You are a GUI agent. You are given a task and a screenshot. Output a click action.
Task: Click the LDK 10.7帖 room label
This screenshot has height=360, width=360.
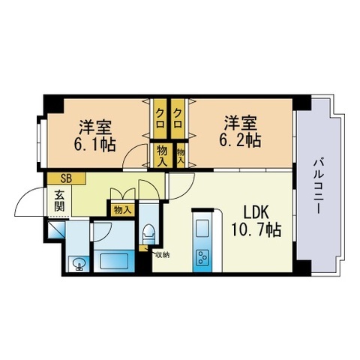click(x=256, y=221)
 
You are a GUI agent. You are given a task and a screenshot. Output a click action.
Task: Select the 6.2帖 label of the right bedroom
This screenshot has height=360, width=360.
click(x=241, y=140)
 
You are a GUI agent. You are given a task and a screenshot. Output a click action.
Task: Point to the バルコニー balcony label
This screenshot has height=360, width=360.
click(x=317, y=186)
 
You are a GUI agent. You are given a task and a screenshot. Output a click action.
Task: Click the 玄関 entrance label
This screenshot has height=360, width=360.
click(x=59, y=200)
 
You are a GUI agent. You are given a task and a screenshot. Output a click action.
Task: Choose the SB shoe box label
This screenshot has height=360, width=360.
click(x=66, y=178)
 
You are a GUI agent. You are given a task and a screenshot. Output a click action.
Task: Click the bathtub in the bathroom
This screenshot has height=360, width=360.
click(x=114, y=261)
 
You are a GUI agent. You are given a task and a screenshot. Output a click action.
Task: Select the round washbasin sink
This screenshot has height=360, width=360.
click(x=79, y=264)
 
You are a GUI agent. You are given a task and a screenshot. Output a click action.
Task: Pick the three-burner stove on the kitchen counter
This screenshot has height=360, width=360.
click(x=202, y=257)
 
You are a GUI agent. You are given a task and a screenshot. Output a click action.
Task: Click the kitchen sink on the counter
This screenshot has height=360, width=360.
click(x=202, y=228)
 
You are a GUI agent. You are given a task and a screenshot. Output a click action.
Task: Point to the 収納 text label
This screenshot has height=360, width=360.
click(x=163, y=255)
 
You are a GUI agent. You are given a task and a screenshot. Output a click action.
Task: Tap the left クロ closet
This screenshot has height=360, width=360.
click(x=160, y=118)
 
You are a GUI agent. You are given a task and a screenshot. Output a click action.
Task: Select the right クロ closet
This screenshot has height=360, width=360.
click(x=178, y=118)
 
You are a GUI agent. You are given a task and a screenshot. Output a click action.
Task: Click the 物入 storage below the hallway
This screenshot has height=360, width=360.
click(x=122, y=210)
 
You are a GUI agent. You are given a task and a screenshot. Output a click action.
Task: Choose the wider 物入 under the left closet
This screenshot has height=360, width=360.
click(x=162, y=155)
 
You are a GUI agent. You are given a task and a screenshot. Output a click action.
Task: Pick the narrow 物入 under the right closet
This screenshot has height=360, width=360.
click(x=181, y=155)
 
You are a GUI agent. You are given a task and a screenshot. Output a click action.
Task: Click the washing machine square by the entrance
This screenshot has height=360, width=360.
click(x=56, y=229)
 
